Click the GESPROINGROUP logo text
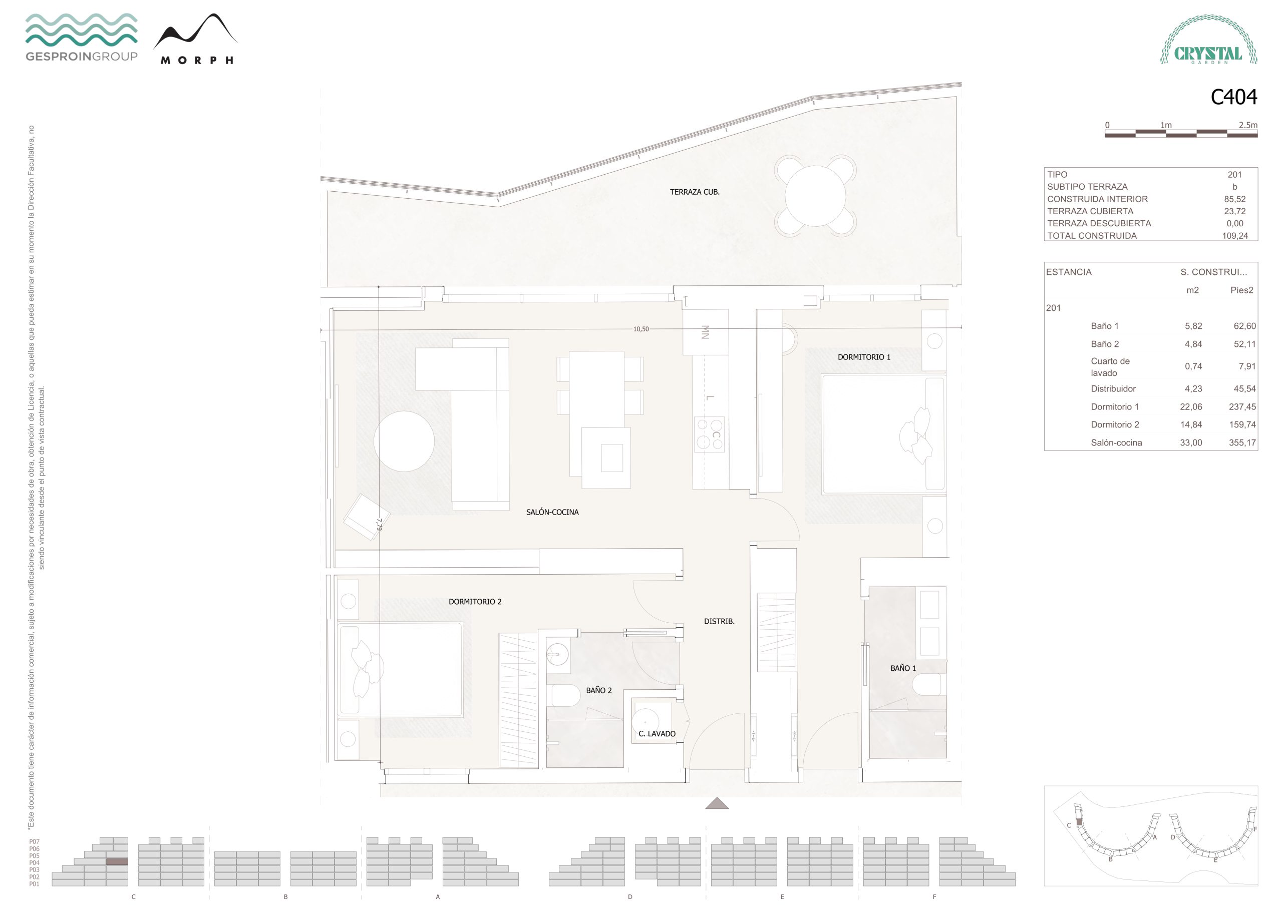click(x=82, y=57)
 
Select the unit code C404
click(x=1233, y=97)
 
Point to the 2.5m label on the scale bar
click(x=1248, y=125)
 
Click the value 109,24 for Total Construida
click(x=1234, y=236)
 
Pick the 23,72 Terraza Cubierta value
click(x=1234, y=211)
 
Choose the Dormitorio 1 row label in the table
click(x=1115, y=407)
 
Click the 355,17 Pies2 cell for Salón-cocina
click(x=1242, y=442)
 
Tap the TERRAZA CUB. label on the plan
click(x=695, y=192)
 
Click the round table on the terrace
click(x=815, y=196)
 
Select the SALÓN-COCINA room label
click(x=552, y=512)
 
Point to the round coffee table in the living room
click(x=404, y=441)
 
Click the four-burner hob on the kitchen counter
click(x=710, y=434)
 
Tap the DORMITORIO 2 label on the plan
click(x=475, y=602)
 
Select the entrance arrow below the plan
click(x=717, y=803)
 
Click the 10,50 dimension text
click(x=641, y=329)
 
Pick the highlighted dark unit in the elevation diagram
click(x=117, y=862)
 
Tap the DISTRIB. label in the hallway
click(x=719, y=621)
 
